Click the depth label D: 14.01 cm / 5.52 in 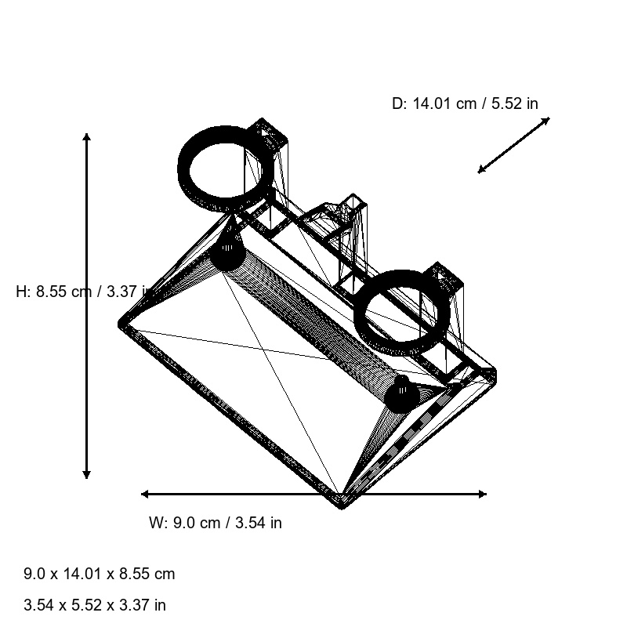tap(465, 103)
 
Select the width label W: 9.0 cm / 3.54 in tap(216, 523)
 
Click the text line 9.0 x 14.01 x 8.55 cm tap(100, 574)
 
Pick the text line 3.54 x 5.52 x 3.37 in tap(95, 605)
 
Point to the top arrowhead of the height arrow tap(87, 138)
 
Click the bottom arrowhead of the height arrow tap(87, 473)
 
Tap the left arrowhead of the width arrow tap(146, 494)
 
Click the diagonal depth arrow tap(514, 145)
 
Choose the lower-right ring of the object tap(403, 310)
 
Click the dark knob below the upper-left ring tap(227, 255)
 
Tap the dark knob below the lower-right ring tap(400, 396)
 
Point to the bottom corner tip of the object tap(342, 503)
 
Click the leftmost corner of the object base tap(121, 323)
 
